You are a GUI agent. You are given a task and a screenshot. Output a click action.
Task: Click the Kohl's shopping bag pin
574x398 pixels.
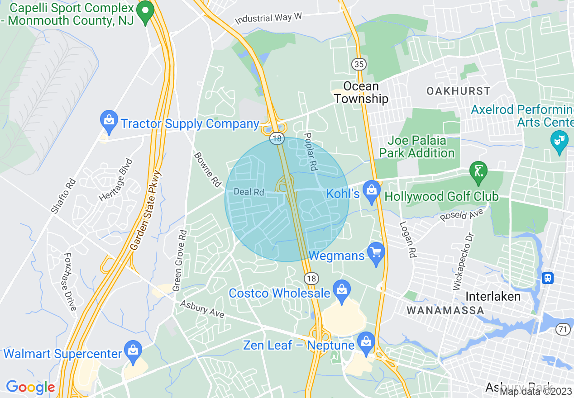[372, 191]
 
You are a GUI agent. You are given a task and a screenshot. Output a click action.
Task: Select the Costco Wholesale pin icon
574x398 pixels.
[341, 290]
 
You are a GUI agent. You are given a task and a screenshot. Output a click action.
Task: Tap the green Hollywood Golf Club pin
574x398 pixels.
[478, 172]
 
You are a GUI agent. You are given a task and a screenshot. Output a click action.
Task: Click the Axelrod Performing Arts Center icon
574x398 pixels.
[560, 141]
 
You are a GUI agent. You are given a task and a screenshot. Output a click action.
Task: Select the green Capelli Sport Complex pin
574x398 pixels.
[145, 10]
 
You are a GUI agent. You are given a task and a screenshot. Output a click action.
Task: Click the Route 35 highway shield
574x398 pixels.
[359, 64]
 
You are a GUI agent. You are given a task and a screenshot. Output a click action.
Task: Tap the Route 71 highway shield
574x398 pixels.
[563, 330]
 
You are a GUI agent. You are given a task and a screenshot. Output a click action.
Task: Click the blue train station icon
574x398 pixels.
[548, 278]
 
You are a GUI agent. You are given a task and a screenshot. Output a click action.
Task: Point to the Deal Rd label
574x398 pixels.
[249, 192]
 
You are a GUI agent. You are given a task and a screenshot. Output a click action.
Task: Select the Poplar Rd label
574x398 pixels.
[310, 152]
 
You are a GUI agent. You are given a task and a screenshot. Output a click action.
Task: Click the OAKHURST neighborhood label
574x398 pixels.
[458, 91]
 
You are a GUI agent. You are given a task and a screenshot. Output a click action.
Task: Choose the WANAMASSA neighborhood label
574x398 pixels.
[445, 310]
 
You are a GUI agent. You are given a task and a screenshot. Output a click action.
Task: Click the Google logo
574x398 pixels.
[30, 387]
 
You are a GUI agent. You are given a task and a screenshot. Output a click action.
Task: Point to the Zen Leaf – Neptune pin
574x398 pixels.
[366, 343]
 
